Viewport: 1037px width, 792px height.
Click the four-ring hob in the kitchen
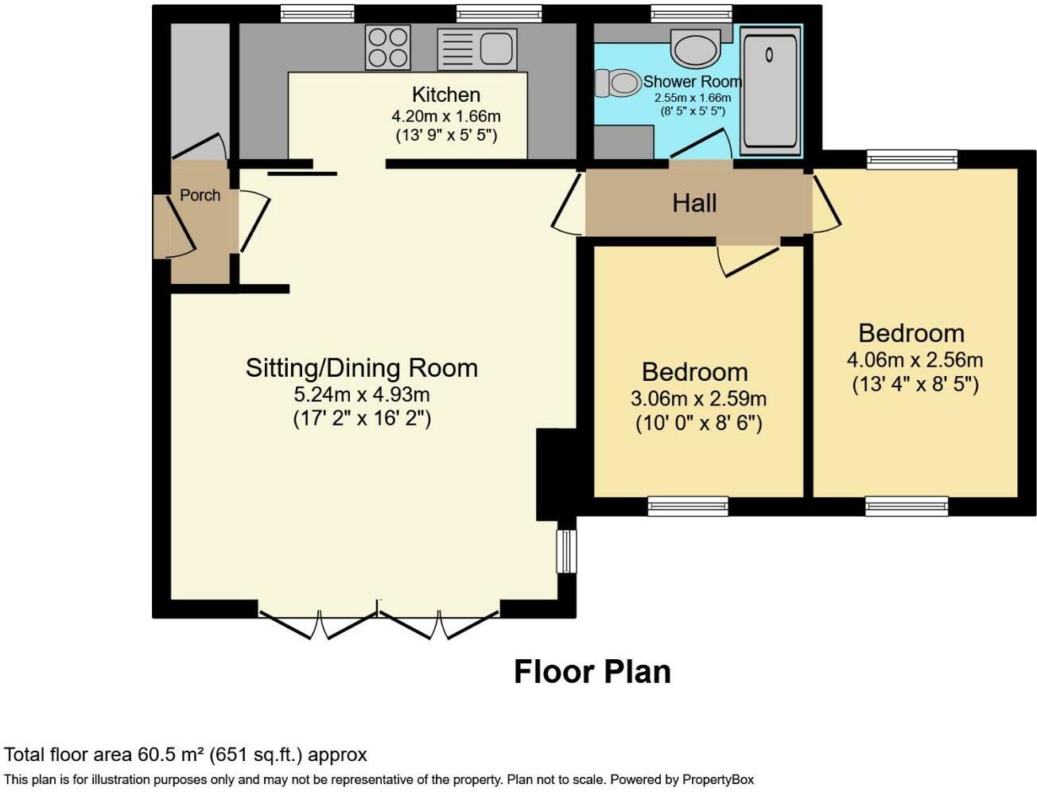(388, 47)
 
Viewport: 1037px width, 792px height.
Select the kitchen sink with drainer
(476, 49)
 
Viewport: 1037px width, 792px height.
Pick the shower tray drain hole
(769, 55)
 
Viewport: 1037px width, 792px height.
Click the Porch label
(200, 195)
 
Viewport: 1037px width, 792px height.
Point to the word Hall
(694, 203)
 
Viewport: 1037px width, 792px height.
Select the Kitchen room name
(446, 95)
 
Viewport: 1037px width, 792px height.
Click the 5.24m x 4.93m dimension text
(361, 394)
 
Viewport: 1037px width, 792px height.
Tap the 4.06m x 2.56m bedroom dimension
(915, 360)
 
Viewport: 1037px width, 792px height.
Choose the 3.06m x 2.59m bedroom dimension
(698, 399)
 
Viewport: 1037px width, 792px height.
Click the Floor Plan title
(592, 672)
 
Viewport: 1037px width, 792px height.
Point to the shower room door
(701, 142)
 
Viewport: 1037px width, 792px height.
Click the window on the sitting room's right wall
(566, 551)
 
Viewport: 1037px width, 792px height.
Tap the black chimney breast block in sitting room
(557, 475)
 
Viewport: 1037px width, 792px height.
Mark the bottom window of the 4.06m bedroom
(907, 507)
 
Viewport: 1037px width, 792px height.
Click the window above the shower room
(692, 14)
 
